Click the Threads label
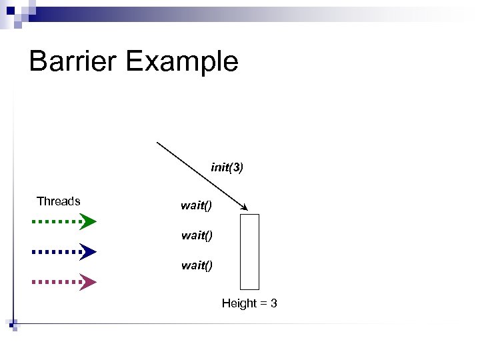click(x=59, y=201)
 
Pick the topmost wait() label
click(x=196, y=205)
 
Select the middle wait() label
click(x=196, y=235)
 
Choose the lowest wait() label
click(x=196, y=265)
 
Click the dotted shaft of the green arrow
click(x=56, y=221)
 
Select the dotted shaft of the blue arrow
click(x=56, y=251)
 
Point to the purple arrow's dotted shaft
click(x=56, y=282)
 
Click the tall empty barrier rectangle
click(x=249, y=251)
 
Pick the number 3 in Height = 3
click(x=273, y=304)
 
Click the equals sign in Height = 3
click(x=263, y=304)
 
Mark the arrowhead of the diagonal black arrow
click(x=246, y=209)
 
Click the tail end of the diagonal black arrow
click(x=157, y=143)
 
